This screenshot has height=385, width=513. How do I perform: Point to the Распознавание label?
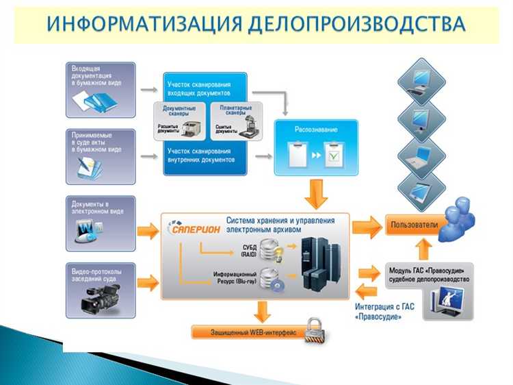point(314,128)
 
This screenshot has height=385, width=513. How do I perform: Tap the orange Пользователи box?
point(411,225)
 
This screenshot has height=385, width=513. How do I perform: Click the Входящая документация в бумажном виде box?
point(101,89)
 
